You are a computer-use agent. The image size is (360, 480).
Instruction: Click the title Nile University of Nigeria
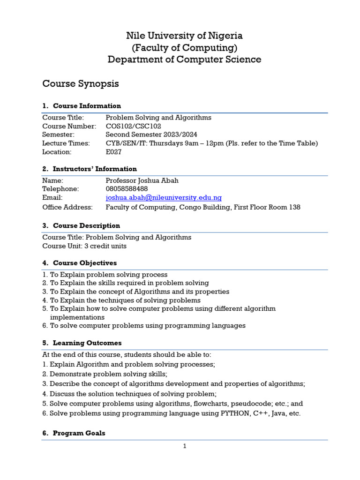click(x=184, y=36)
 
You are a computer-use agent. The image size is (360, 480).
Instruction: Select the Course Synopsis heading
click(x=81, y=84)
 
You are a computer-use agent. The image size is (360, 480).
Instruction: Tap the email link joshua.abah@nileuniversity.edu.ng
click(x=164, y=198)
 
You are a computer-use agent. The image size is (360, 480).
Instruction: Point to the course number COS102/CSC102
click(x=134, y=127)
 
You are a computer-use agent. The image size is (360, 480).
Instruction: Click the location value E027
click(x=114, y=152)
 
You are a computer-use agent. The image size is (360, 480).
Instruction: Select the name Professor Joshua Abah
click(x=142, y=181)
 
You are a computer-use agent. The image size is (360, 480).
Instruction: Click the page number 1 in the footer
click(x=185, y=446)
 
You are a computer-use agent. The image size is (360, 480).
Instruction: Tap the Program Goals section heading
click(x=79, y=434)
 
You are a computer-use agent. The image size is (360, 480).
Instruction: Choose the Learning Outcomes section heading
click(x=87, y=343)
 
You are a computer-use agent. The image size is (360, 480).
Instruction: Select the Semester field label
click(x=58, y=135)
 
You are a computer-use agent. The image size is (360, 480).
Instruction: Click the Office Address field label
click(x=67, y=207)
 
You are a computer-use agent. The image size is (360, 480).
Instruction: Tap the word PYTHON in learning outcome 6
click(x=235, y=413)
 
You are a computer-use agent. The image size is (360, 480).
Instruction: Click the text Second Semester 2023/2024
click(x=152, y=135)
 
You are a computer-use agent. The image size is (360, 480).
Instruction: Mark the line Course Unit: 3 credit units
click(x=84, y=246)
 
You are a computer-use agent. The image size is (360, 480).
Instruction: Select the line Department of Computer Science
click(x=184, y=60)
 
